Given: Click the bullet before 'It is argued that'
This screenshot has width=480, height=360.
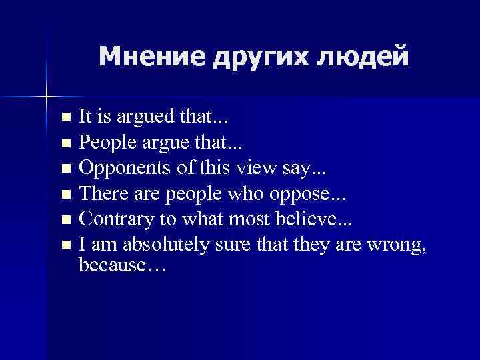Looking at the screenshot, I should (65, 119).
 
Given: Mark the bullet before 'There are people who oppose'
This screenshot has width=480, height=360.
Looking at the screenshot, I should (65, 195).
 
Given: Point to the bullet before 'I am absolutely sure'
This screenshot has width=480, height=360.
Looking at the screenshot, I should (65, 246).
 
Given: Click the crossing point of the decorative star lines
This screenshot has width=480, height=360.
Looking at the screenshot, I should (46, 97).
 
